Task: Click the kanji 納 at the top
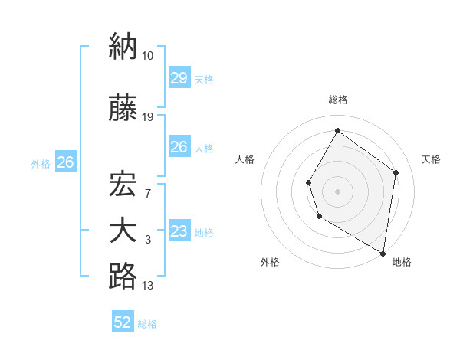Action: tap(123, 47)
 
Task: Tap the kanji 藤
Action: tap(123, 110)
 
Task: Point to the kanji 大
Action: tap(123, 231)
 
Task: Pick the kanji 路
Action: tap(123, 277)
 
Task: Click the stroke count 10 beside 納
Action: tap(148, 55)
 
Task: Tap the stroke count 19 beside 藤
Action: tap(148, 117)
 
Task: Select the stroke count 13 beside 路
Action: tap(148, 286)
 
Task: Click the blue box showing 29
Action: tap(179, 77)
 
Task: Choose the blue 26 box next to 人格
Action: tap(179, 147)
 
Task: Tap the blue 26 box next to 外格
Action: tap(65, 162)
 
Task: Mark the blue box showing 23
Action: tap(179, 231)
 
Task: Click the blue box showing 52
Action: tap(123, 323)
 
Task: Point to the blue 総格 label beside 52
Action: tap(148, 324)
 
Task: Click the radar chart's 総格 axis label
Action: tap(338, 100)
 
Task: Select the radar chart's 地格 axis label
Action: tap(402, 262)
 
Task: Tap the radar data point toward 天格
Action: tap(396, 172)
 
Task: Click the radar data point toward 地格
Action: tap(383, 253)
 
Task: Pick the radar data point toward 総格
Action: tap(337, 131)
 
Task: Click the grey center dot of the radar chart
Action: tap(337, 191)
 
